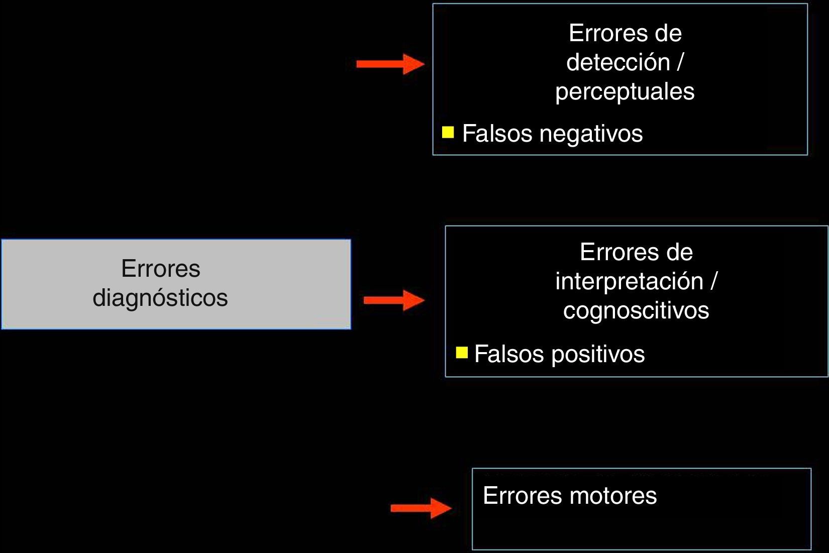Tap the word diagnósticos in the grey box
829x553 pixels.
point(160,298)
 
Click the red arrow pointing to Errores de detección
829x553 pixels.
point(390,64)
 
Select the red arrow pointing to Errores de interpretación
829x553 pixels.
point(394,300)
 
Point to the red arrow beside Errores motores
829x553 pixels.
point(421,508)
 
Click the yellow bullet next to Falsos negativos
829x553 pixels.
point(448,132)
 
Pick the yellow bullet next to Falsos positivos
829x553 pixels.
point(461,353)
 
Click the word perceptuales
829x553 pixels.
point(625,92)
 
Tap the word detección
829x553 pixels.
point(617,63)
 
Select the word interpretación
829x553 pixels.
point(629,281)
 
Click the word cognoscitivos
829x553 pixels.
point(636,310)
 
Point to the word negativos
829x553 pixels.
point(591,134)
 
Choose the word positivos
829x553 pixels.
point(598,355)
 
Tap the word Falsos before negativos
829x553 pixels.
point(497,134)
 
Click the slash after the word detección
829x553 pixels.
point(680,63)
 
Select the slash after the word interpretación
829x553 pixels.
point(713,281)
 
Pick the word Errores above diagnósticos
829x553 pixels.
point(160,269)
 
